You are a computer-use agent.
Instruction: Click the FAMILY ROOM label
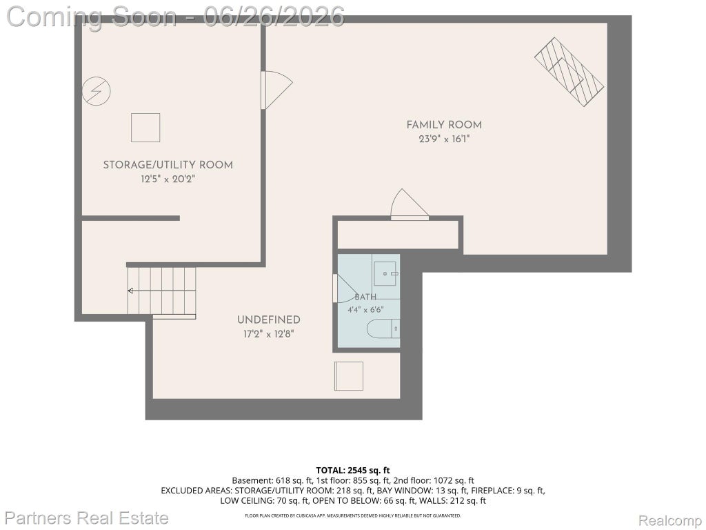click(x=444, y=125)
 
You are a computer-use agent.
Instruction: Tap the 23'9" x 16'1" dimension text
click(x=444, y=139)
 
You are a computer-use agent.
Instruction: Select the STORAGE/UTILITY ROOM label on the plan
click(x=168, y=165)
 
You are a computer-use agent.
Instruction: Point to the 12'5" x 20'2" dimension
click(x=168, y=179)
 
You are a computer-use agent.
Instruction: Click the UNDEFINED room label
click(x=269, y=320)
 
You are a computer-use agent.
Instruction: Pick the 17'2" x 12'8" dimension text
click(x=269, y=335)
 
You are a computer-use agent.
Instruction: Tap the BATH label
click(x=365, y=297)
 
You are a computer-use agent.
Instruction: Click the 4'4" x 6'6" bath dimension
click(x=365, y=310)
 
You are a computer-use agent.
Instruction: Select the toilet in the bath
click(x=383, y=328)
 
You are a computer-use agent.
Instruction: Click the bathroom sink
click(x=385, y=273)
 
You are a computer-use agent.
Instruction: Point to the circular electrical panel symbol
click(x=97, y=91)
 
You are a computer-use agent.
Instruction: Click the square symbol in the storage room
click(x=145, y=128)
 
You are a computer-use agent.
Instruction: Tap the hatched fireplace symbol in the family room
click(x=569, y=72)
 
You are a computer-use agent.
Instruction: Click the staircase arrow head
click(x=130, y=291)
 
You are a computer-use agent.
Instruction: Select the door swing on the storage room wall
click(x=276, y=90)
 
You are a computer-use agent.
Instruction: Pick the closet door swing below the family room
click(x=410, y=204)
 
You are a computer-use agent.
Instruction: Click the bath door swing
click(x=345, y=288)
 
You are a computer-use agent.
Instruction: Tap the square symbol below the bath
click(x=348, y=376)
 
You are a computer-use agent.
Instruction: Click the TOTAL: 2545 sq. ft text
click(x=353, y=471)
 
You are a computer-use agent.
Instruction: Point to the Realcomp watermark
click(x=669, y=520)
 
